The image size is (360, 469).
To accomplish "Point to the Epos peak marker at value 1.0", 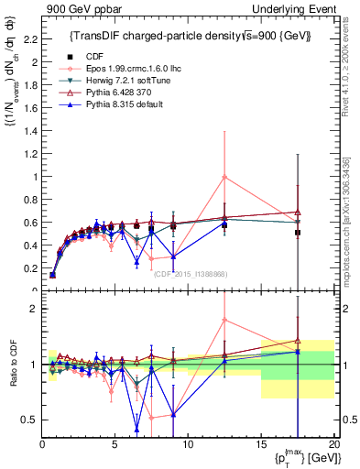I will (224, 177).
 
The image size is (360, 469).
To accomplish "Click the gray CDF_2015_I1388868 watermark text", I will (191, 274).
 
